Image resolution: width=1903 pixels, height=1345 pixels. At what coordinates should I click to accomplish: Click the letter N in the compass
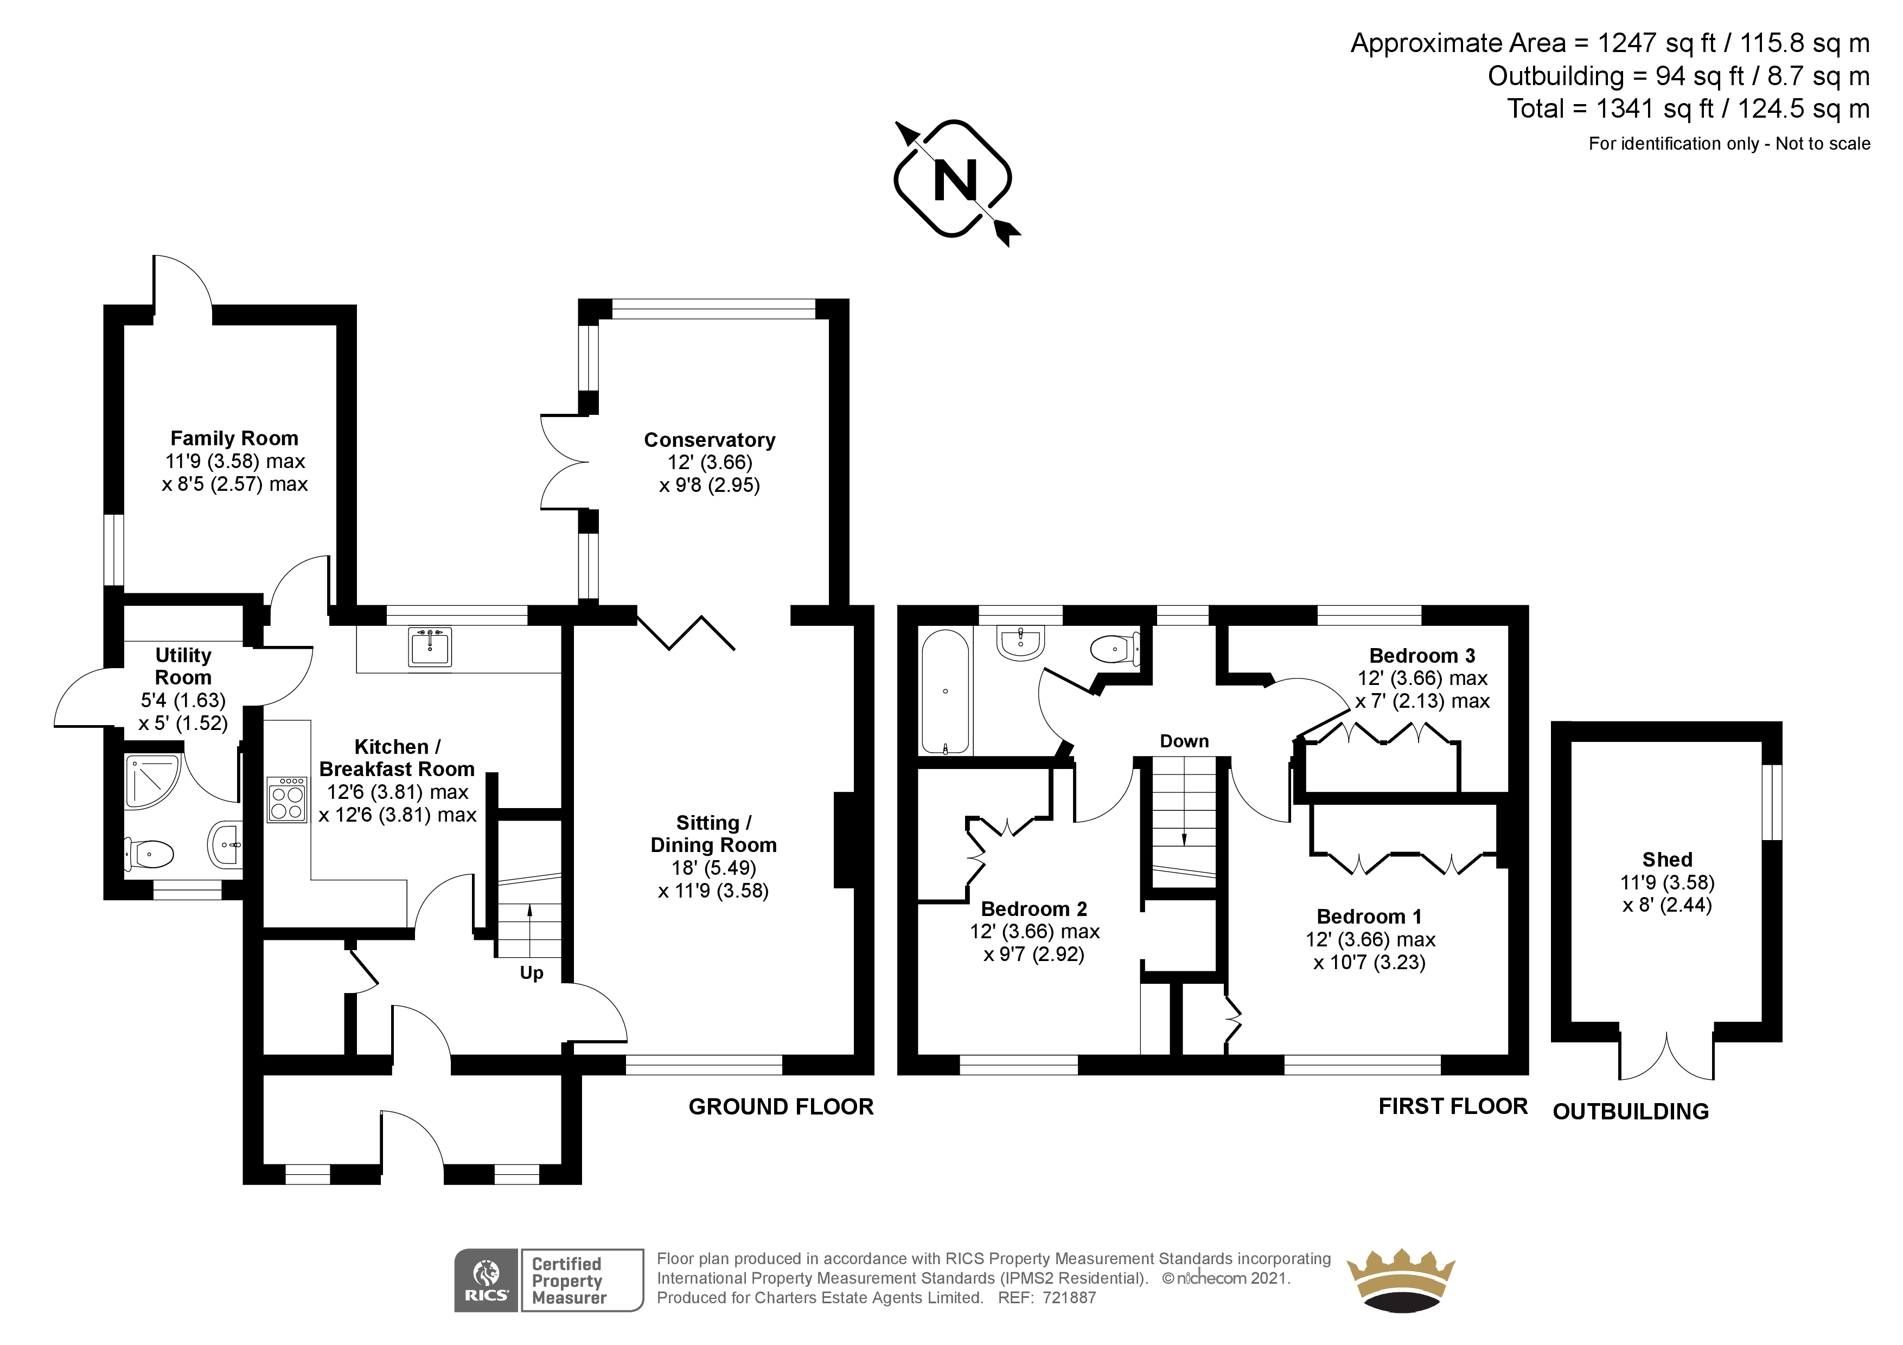(x=955, y=180)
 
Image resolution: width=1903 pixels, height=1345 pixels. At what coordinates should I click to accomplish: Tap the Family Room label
(x=234, y=438)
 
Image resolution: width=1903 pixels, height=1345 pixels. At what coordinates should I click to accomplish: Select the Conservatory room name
(x=710, y=440)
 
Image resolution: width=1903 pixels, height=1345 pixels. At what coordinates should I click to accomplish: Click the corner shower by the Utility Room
(x=152, y=780)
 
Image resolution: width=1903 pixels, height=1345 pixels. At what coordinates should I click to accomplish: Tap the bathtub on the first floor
(x=945, y=693)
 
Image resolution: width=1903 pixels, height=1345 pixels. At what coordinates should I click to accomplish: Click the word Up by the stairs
(x=531, y=973)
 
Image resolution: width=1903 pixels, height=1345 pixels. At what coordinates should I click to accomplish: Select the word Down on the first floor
(x=1184, y=741)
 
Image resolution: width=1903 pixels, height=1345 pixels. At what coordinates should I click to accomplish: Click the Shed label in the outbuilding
(x=1668, y=860)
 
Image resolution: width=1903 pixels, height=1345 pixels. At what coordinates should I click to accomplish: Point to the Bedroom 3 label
(x=1422, y=656)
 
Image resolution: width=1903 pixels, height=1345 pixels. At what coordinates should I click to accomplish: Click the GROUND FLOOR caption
(x=781, y=1107)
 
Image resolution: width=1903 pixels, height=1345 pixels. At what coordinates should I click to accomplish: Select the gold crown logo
(x=1401, y=1280)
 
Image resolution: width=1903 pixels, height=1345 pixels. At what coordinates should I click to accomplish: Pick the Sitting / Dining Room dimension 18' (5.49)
(x=714, y=868)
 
